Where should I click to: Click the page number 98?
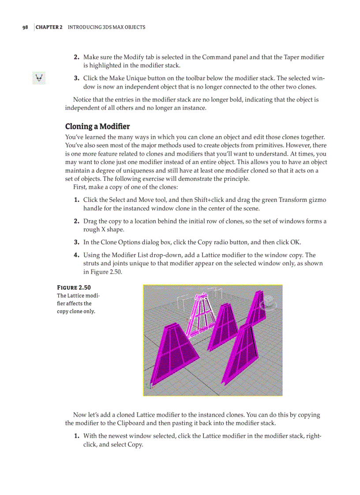[25, 27]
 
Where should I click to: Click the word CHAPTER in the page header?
[47, 27]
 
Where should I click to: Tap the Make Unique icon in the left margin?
[39, 78]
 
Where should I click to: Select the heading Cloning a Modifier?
[97, 127]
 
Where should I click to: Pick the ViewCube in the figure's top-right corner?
[268, 304]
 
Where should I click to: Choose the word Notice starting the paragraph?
[82, 100]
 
